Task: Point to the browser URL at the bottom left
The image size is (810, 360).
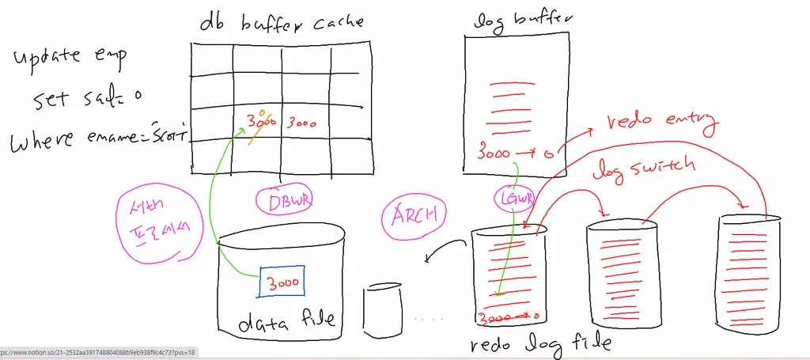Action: pyautogui.click(x=98, y=352)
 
